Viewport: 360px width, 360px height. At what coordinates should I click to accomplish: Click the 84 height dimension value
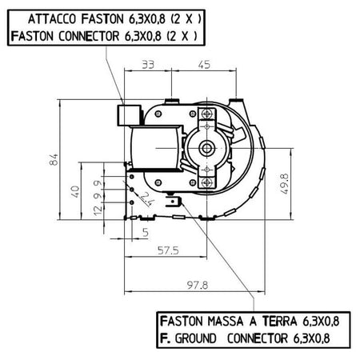click(x=54, y=159)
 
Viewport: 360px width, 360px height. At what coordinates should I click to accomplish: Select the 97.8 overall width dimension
click(x=198, y=285)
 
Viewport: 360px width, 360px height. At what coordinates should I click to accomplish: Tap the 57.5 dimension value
click(x=168, y=250)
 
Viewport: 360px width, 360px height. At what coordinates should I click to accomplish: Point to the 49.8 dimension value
click(x=285, y=184)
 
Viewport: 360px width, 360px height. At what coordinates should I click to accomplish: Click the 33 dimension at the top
click(x=148, y=65)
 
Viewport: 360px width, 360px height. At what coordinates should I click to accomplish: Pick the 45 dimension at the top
click(x=204, y=65)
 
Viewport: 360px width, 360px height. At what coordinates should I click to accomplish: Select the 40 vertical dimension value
click(x=75, y=191)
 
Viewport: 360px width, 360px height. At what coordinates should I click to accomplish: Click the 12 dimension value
click(x=98, y=210)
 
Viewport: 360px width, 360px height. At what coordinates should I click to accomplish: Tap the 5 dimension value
click(x=146, y=232)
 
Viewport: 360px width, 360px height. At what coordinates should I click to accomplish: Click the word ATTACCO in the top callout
click(x=53, y=19)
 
